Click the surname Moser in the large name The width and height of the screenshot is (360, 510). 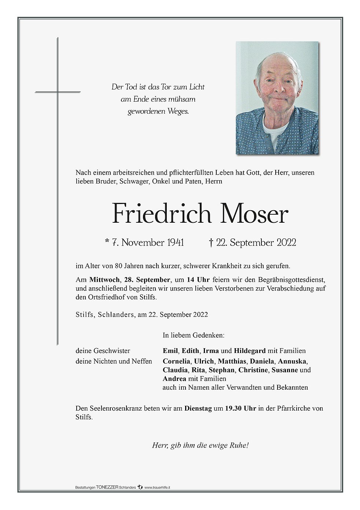pos(254,214)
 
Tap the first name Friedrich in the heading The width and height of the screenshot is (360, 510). pos(161,214)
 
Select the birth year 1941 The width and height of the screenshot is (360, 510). pos(176,243)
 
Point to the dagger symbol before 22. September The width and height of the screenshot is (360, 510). pos(211,243)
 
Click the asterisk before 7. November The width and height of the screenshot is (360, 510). pos(107,241)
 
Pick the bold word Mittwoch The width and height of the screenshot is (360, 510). pos(104,280)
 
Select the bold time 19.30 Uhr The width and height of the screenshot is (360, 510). pos(240,408)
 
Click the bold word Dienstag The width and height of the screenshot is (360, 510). pos(198,408)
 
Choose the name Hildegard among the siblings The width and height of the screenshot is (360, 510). pos(250,351)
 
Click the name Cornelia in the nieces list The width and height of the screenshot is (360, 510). pos(177,361)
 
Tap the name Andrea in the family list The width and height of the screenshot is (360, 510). pos(175,379)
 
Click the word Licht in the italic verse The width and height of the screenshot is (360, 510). pos(197,87)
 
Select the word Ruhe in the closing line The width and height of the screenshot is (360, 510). pos(239,446)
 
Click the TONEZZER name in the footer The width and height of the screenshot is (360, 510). pos(107,487)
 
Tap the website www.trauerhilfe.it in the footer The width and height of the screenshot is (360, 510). pos(157,488)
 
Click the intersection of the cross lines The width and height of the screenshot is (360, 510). pos(58,92)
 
